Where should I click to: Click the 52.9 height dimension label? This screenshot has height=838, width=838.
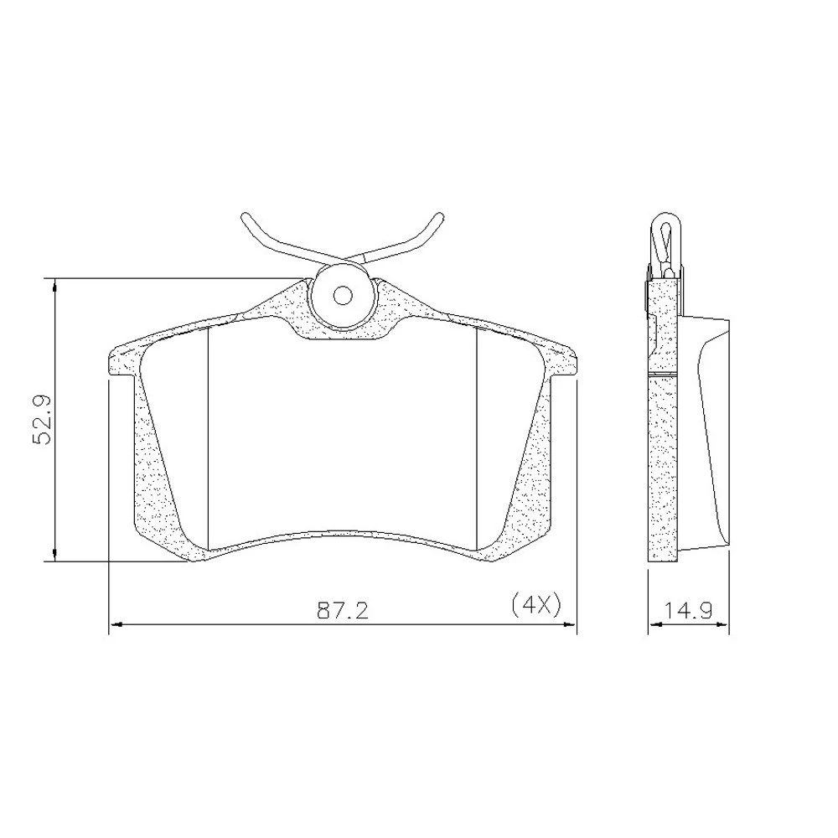tap(42, 419)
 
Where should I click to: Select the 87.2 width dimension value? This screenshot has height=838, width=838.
tap(343, 610)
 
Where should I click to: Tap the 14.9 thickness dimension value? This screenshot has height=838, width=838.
tap(688, 610)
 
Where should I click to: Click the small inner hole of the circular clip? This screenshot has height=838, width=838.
tap(342, 295)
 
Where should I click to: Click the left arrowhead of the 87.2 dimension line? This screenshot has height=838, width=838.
tap(116, 623)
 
